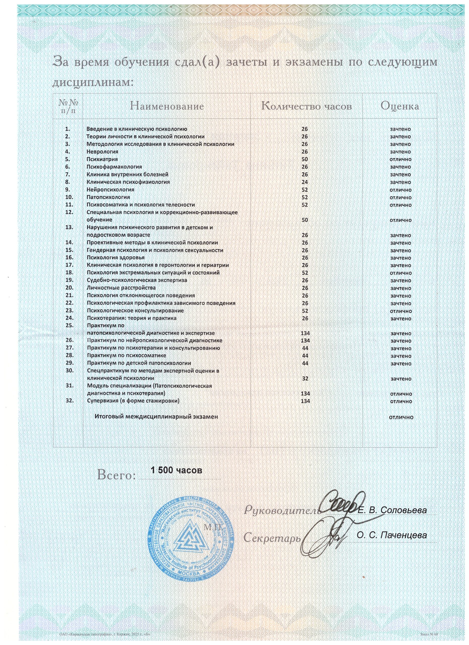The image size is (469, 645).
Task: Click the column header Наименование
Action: tap(167, 106)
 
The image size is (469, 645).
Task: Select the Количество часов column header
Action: tap(306, 106)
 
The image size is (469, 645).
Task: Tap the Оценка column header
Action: tap(400, 106)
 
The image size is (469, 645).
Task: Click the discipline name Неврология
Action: tap(102, 152)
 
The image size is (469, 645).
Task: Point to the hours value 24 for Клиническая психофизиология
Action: tap(305, 182)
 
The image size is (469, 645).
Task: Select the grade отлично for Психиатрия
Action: tap(400, 159)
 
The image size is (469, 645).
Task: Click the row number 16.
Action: tap(70, 257)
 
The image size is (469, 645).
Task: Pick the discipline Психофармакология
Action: tap(114, 167)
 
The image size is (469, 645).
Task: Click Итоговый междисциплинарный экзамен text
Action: tap(156, 417)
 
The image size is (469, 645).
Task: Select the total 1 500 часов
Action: tap(177, 470)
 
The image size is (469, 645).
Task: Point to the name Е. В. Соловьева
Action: tap(392, 510)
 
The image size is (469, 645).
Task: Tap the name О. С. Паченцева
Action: tap(392, 535)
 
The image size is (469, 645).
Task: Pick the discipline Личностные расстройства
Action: tap(121, 288)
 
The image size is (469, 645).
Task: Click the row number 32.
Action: tap(70, 401)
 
